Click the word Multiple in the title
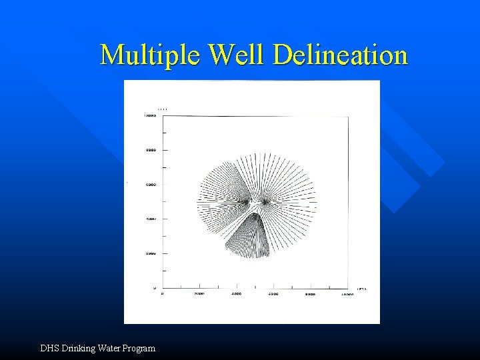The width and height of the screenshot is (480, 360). [x=149, y=55]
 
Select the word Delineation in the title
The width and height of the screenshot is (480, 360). [x=340, y=55]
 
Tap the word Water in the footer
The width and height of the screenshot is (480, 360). [x=115, y=348]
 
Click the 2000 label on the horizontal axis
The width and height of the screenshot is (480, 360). [x=199, y=294]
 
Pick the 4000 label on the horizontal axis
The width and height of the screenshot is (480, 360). [x=237, y=294]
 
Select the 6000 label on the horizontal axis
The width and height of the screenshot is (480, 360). [x=273, y=294]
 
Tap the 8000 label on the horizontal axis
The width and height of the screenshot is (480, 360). [x=311, y=294]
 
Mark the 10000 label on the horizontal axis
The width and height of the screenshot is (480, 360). [x=347, y=294]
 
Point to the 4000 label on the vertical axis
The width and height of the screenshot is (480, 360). [x=151, y=219]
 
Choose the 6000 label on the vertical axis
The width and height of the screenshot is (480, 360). [x=151, y=185]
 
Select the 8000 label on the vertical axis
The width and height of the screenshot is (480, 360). [x=151, y=150]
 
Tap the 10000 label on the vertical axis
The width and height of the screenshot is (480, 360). [x=150, y=116]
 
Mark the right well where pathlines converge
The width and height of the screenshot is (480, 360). [x=265, y=200]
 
